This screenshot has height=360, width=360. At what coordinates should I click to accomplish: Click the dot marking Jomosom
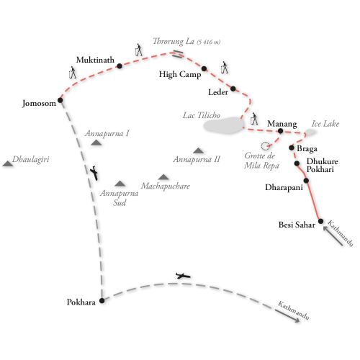60,100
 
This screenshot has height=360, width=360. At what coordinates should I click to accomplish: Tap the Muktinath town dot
120,66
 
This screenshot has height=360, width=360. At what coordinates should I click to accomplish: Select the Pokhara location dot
102,300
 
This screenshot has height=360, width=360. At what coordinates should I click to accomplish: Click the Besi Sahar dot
320,221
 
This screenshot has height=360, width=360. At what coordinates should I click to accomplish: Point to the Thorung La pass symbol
178,54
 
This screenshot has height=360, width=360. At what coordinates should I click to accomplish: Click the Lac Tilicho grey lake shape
224,125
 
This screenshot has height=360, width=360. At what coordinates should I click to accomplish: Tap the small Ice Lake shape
310,132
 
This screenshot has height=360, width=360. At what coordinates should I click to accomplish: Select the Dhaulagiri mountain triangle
8,163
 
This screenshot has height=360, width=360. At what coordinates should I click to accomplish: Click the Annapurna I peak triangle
96,143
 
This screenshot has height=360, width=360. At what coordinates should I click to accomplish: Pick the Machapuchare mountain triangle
163,177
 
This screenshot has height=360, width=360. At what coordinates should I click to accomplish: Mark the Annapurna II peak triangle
199,150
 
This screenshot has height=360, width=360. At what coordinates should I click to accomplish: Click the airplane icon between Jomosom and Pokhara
94,173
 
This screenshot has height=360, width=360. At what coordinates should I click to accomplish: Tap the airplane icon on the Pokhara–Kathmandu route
183,276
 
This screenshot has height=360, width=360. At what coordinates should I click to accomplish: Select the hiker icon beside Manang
254,119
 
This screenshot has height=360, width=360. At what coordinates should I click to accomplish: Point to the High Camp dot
204,69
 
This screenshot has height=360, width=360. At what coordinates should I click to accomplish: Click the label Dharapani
284,187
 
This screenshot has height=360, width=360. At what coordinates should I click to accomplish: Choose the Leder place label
218,92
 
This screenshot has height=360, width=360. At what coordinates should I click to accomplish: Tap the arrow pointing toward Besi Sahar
333,236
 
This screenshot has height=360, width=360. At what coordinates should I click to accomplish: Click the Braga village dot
292,148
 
